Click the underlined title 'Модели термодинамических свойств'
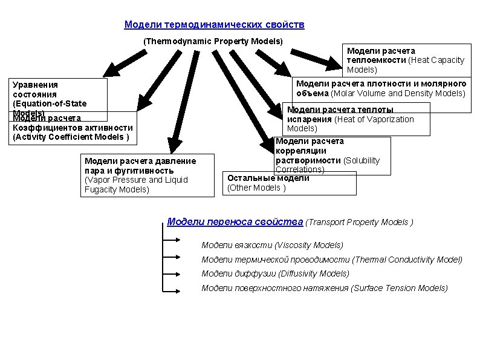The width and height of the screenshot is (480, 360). coord(214,25)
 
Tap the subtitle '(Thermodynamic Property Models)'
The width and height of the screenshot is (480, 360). coord(213,42)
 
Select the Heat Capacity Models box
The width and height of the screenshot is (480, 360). coord(406,60)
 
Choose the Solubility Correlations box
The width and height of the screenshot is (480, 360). coord(332,155)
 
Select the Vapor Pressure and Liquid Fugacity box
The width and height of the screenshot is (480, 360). coord(148,175)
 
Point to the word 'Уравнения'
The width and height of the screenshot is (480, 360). coord(35,85)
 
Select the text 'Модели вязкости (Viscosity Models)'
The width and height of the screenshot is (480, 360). coord(272,245)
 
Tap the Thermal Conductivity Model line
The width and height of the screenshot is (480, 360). coord(331,260)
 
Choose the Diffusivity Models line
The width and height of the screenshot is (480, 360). coord(275,273)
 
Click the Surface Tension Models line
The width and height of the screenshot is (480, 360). coord(324,288)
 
